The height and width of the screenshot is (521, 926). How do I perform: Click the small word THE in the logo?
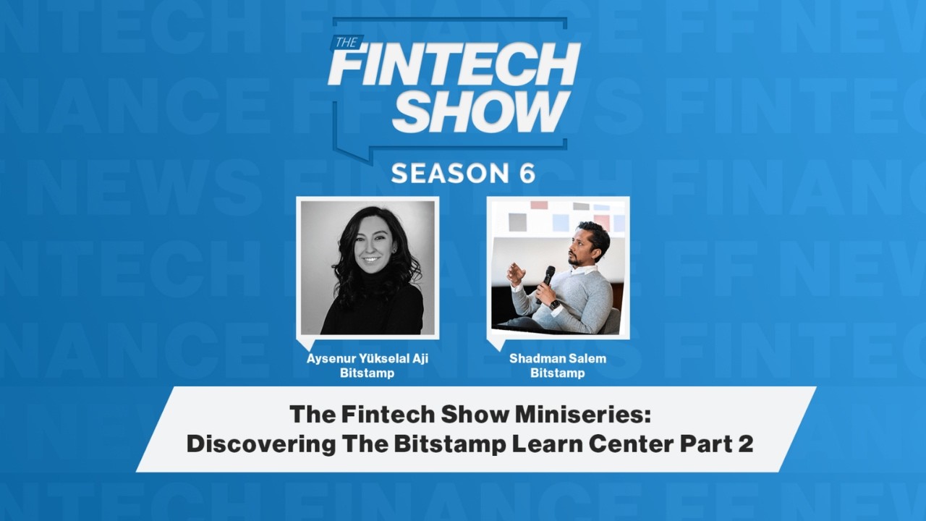347,43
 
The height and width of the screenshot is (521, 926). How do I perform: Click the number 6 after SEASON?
527,173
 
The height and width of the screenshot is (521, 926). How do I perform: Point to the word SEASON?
450,173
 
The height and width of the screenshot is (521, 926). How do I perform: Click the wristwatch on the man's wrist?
554,305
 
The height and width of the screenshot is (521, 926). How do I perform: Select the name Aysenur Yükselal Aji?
367,359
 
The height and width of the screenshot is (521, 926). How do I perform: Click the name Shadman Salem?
558,358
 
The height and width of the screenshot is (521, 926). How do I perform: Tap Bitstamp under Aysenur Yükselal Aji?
367,373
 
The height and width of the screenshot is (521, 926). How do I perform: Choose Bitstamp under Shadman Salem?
558,373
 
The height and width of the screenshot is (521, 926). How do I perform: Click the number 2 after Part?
745,444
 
